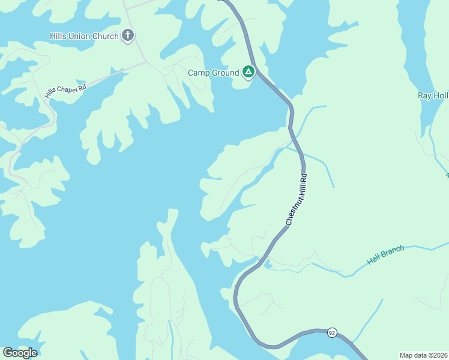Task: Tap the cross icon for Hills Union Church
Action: tap(128, 35)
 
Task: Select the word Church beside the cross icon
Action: tap(106, 36)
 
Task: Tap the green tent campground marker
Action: tap(249, 73)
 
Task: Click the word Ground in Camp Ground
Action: tap(226, 73)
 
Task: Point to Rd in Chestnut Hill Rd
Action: tap(304, 178)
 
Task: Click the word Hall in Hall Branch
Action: tap(375, 257)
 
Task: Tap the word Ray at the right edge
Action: tap(424, 96)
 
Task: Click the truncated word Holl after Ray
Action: tap(441, 96)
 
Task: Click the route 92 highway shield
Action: tap(331, 332)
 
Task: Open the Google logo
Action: tap(20, 353)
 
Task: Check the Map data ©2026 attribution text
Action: tap(423, 355)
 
